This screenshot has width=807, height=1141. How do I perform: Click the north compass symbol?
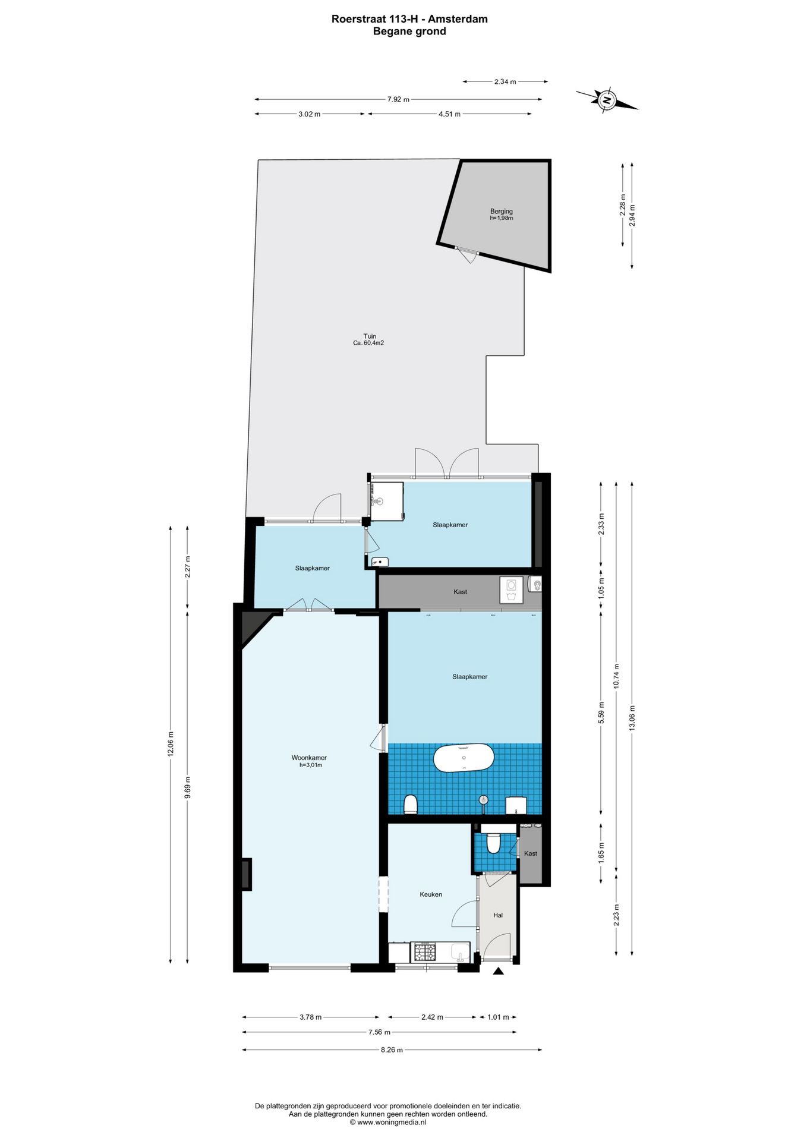tap(607, 100)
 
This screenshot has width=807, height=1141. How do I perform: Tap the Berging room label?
tap(501, 211)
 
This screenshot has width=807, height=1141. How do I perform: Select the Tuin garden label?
tap(370, 336)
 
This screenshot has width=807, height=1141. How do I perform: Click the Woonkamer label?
tap(309, 758)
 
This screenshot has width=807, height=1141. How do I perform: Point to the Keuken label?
tap(431, 894)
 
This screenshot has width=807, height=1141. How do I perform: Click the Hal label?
tap(498, 915)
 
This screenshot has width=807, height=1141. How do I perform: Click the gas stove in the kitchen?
tap(424, 951)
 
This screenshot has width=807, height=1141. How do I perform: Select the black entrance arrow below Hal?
tap(499, 971)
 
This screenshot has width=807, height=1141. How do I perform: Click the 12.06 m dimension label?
tap(171, 743)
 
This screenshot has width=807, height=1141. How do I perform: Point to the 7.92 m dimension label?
tap(398, 100)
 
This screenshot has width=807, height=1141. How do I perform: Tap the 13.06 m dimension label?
tap(632, 721)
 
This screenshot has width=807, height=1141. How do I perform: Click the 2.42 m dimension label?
tap(432, 1017)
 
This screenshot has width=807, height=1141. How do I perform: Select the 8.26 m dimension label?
tap(392, 1049)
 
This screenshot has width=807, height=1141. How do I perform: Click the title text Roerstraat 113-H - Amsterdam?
tap(409, 19)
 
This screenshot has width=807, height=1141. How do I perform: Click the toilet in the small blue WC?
tap(493, 843)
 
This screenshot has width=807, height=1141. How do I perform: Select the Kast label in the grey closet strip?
tap(460, 592)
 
